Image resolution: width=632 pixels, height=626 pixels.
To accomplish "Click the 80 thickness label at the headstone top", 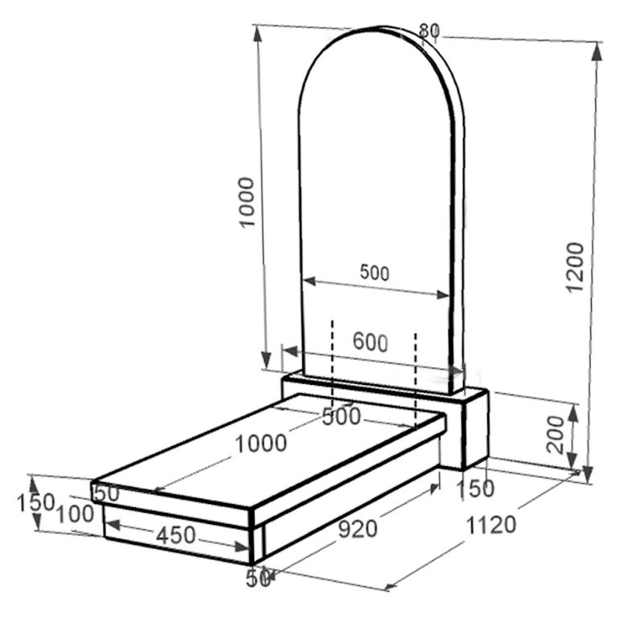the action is click(x=429, y=31).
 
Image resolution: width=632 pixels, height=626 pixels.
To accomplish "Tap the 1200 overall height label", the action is click(x=574, y=267).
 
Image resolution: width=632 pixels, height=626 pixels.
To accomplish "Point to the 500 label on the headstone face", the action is click(x=375, y=272).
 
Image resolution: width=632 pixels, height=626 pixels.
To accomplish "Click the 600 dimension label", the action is click(x=370, y=342).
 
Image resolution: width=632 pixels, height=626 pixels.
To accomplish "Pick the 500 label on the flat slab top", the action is click(x=342, y=416).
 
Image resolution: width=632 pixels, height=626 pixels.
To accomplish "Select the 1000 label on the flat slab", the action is click(x=261, y=444).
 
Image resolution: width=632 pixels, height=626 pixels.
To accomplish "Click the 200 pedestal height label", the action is click(x=555, y=435).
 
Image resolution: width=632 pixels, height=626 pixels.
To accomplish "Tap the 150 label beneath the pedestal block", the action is click(x=475, y=489).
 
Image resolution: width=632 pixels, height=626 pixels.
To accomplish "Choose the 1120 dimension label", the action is click(x=490, y=525).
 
